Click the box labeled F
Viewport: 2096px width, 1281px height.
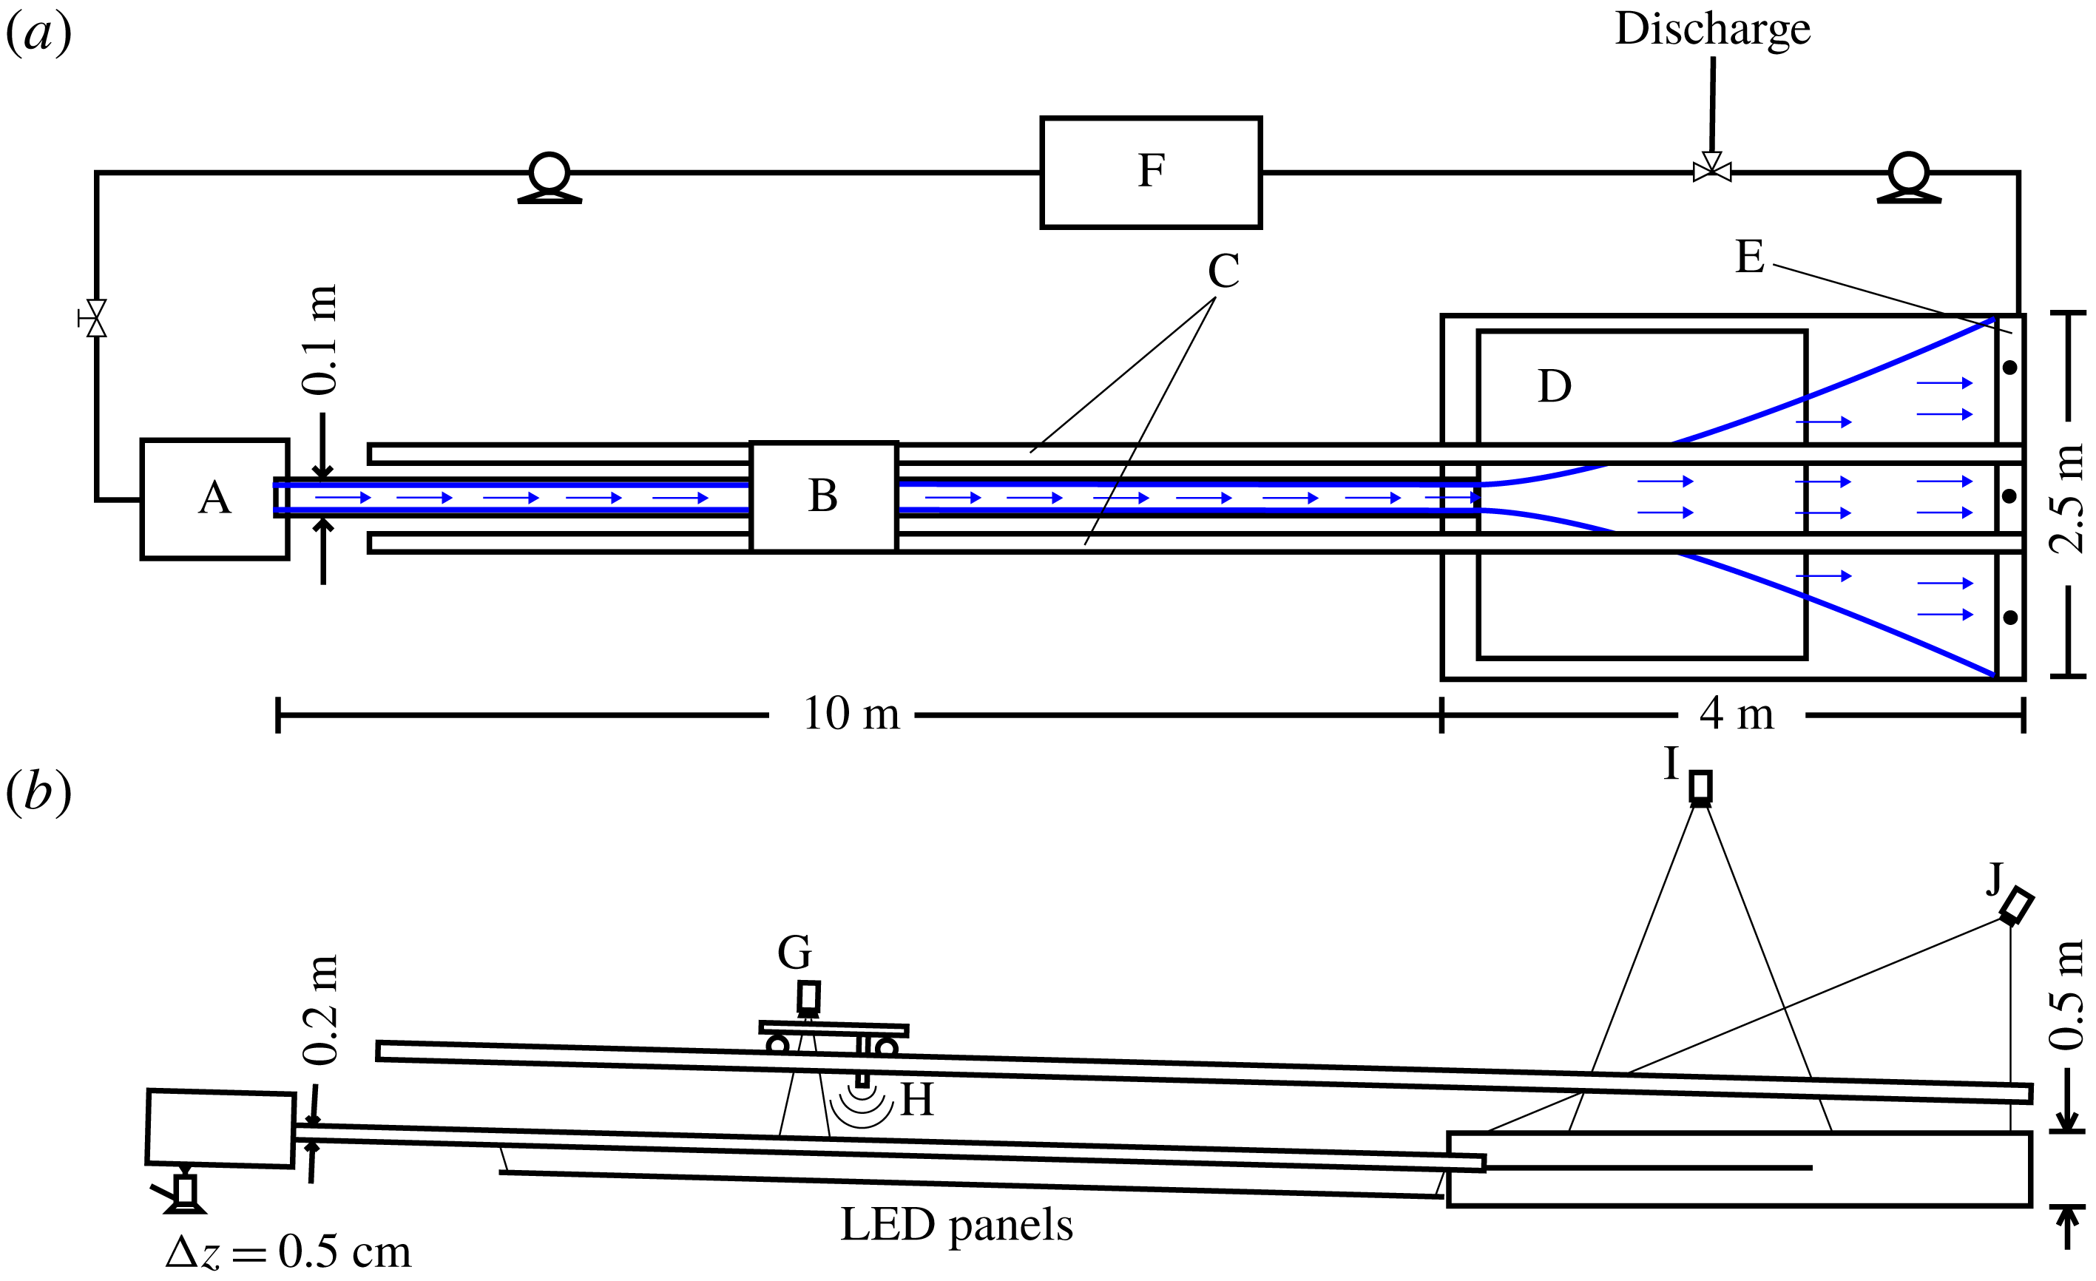1150,172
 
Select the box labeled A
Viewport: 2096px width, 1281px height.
214,498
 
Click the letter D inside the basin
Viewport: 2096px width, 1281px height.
1554,387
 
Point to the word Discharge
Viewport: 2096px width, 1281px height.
1712,30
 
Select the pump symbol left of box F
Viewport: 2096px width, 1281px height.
550,177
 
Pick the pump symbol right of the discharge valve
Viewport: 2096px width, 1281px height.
1909,177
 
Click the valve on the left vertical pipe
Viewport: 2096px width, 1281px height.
96,319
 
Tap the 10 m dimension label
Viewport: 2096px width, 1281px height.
851,714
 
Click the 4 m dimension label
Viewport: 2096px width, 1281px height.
1736,714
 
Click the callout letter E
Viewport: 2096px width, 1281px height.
1750,257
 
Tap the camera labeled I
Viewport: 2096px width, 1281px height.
1700,787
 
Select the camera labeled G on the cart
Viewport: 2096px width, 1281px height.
808,998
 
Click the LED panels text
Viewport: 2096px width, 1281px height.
956,1226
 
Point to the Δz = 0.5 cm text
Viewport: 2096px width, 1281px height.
288,1253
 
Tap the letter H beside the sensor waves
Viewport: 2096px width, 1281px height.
917,1100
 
